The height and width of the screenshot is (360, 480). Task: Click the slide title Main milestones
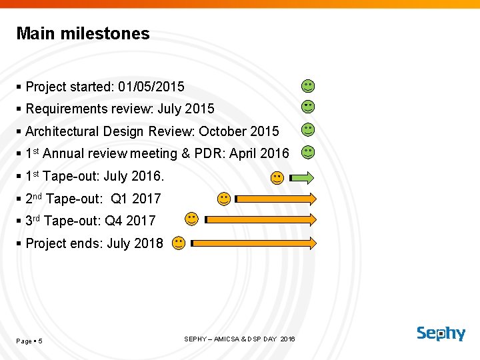[x=83, y=33]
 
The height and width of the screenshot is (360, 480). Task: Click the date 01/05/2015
[x=151, y=87]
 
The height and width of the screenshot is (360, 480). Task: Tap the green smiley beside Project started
[x=307, y=86]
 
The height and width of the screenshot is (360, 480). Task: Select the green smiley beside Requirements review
[x=307, y=107]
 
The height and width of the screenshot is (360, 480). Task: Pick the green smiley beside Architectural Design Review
[x=307, y=129]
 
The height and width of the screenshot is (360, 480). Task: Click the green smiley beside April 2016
[x=307, y=152]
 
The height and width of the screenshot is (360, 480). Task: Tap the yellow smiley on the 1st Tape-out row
[x=276, y=177]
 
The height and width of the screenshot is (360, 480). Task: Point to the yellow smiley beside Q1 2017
[x=224, y=199]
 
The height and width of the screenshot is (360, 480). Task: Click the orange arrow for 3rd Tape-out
[x=261, y=219]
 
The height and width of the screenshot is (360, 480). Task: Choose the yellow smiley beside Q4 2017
[x=191, y=219]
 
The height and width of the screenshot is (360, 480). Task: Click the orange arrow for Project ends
[x=254, y=244]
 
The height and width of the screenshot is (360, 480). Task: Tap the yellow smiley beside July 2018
[x=178, y=243]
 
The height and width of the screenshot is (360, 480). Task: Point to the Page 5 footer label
[x=29, y=341]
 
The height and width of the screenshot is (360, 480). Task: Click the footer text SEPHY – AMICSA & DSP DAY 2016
[x=239, y=339]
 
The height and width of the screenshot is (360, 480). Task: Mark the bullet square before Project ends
[x=19, y=243]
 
